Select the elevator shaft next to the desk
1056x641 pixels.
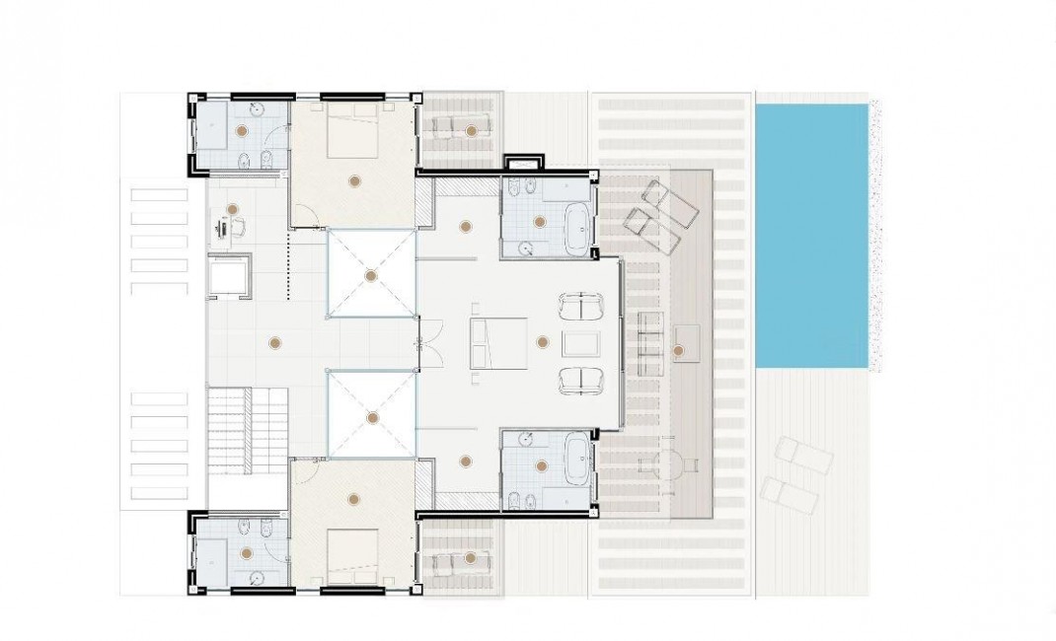[x=229, y=275]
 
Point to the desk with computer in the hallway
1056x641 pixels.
[x=230, y=228]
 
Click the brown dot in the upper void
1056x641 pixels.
[x=370, y=276]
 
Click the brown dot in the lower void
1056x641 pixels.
[x=371, y=417]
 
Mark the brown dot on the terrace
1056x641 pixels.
[x=677, y=349]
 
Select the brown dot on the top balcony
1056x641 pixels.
[x=472, y=130]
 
